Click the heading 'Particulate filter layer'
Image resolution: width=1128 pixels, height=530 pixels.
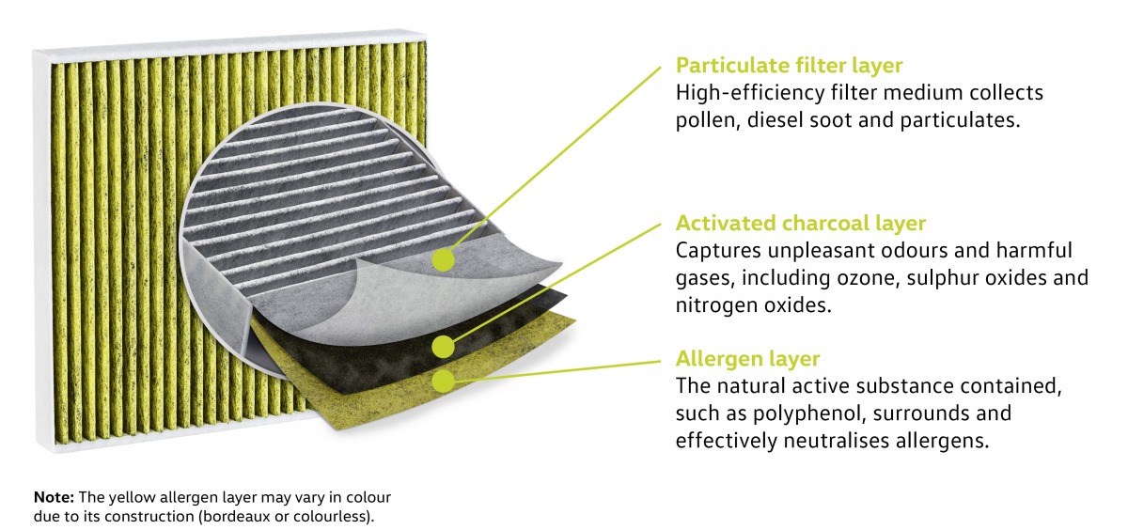(x=789, y=65)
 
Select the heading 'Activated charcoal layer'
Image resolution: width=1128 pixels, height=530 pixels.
(x=801, y=223)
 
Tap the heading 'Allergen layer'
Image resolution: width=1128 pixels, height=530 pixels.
(x=748, y=358)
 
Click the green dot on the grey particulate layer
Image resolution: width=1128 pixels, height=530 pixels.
(x=443, y=259)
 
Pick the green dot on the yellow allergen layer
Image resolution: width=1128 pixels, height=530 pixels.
(x=443, y=381)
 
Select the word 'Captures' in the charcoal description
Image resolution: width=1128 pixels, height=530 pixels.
(x=718, y=251)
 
